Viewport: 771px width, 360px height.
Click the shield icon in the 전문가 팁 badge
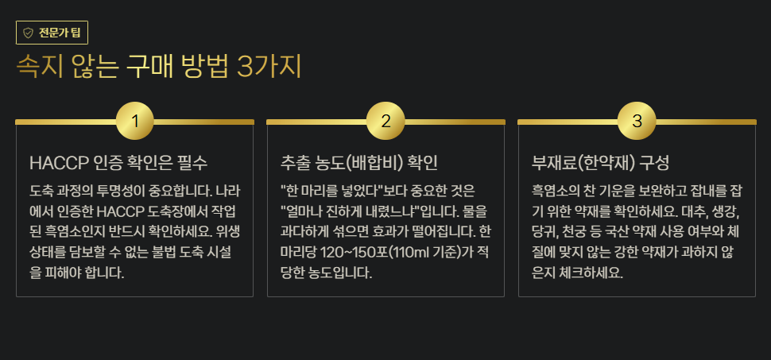28,33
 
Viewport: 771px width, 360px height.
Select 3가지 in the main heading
269,67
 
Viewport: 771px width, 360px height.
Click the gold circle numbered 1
135,122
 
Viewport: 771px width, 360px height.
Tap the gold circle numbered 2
386,122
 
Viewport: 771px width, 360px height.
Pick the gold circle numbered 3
637,122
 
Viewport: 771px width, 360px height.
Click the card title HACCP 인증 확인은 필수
118,163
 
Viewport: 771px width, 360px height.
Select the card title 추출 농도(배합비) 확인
359,163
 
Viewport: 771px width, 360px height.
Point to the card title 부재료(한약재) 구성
600,163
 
